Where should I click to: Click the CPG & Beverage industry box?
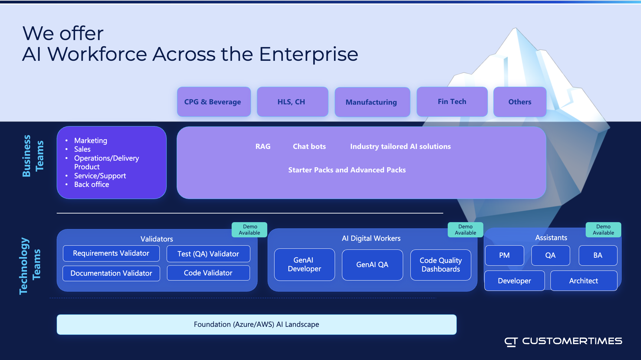[214, 102]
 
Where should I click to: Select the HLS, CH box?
[292, 102]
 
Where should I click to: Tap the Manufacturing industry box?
[372, 102]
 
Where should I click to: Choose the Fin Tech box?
[452, 102]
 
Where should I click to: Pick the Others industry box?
[520, 102]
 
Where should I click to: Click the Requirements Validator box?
[111, 254]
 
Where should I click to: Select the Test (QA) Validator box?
[208, 254]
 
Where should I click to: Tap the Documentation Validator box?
[111, 273]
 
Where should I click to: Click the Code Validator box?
[208, 273]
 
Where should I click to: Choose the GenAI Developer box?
[305, 265]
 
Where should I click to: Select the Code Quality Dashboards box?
[441, 265]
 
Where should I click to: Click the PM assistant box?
[504, 255]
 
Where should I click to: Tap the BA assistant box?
[598, 255]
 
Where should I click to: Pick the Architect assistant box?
[584, 281]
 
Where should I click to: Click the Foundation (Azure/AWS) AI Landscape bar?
[257, 324]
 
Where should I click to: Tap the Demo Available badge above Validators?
[250, 230]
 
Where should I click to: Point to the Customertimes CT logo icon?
[511, 342]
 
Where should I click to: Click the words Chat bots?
[309, 146]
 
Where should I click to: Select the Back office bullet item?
[92, 184]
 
